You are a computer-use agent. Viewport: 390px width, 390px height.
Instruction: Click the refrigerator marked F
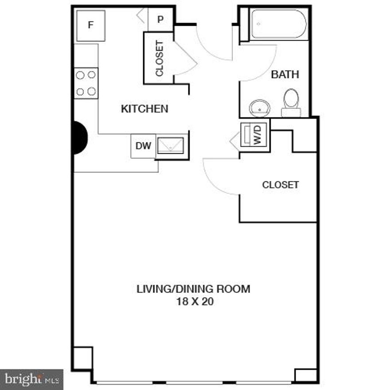click(x=90, y=25)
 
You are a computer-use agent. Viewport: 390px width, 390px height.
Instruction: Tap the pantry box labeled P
click(x=160, y=20)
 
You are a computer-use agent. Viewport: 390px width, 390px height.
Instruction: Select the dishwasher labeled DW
click(x=143, y=146)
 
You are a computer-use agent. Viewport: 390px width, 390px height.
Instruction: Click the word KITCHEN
click(x=144, y=109)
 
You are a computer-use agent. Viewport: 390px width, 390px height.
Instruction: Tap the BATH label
click(x=285, y=74)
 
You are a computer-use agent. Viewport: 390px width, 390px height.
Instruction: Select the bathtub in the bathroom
click(x=278, y=25)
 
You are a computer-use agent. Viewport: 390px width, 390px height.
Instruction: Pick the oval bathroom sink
click(x=260, y=108)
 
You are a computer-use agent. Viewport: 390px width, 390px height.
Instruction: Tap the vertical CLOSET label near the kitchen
click(x=160, y=58)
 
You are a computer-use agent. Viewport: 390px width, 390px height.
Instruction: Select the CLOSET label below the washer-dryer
click(x=281, y=185)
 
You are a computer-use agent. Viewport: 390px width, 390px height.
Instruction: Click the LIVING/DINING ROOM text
click(x=193, y=289)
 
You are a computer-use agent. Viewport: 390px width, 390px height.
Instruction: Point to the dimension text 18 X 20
click(x=193, y=302)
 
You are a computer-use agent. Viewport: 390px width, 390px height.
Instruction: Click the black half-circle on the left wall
click(x=79, y=138)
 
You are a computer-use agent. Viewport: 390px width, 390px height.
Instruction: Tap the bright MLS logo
click(x=31, y=379)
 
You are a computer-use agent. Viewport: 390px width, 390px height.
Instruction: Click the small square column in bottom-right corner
click(x=306, y=375)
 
